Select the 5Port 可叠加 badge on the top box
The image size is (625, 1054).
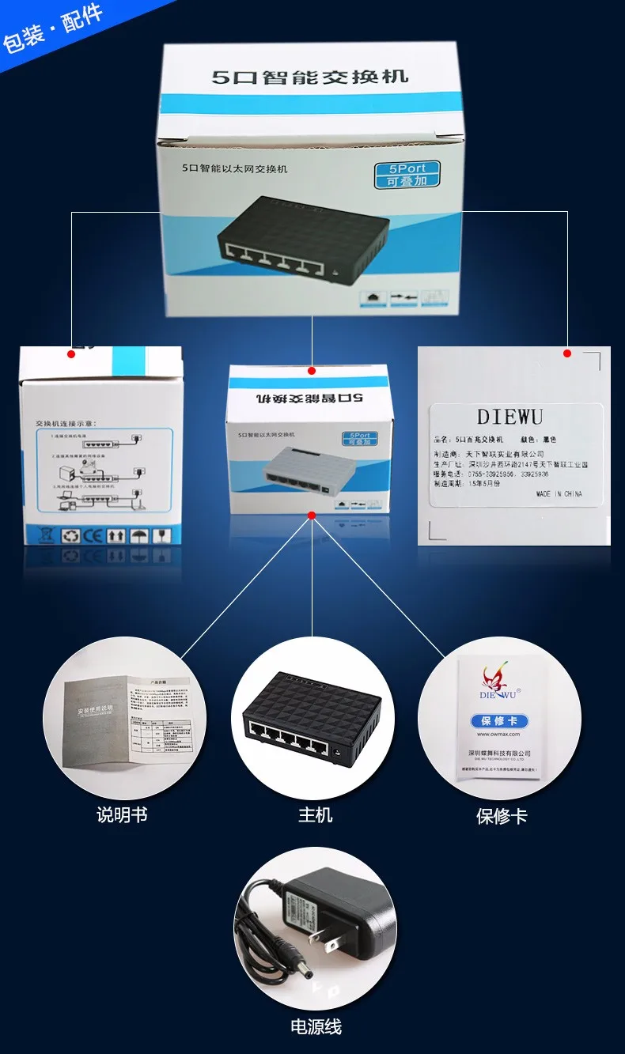(407, 175)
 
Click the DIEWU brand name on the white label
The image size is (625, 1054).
(509, 417)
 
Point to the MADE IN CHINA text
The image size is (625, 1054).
(559, 493)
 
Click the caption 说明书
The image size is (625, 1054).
(122, 814)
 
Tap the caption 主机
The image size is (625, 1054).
(315, 814)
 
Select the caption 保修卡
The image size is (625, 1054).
(502, 816)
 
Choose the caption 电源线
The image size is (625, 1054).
(316, 1027)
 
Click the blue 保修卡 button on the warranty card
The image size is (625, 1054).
(499, 720)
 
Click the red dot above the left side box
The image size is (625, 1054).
(71, 354)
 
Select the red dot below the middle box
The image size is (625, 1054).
(312, 516)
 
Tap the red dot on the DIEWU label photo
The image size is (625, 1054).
(567, 353)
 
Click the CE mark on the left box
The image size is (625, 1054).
(93, 535)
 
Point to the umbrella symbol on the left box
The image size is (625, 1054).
(139, 535)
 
